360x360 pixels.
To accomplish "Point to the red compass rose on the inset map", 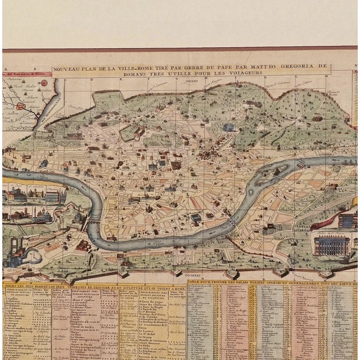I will click(43, 83).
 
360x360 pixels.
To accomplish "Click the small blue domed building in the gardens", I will click(228, 127).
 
